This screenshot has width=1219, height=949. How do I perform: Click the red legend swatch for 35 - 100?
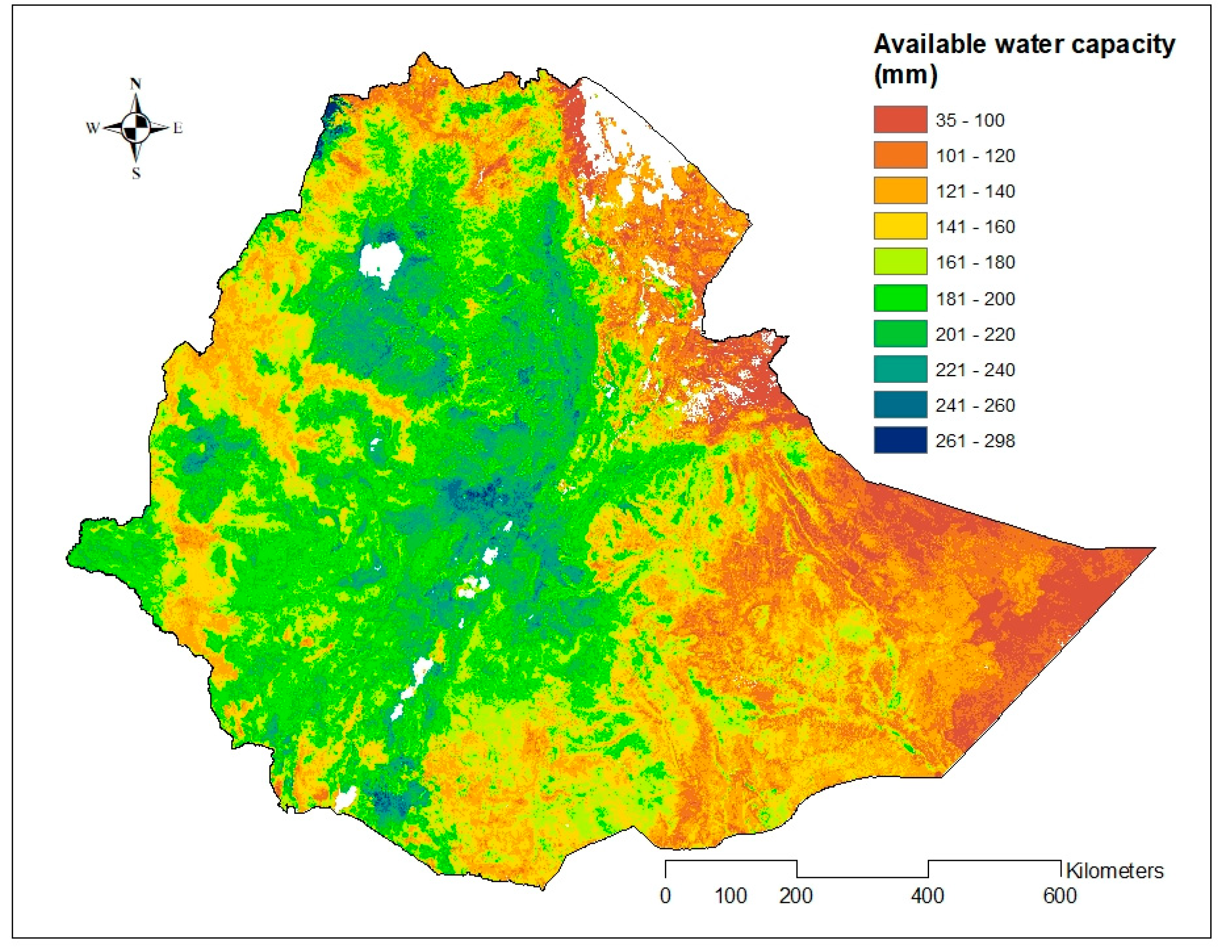point(900,119)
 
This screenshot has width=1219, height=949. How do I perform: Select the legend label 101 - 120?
point(975,156)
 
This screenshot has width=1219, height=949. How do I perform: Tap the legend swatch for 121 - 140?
point(900,191)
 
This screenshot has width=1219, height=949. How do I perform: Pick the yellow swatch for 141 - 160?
point(900,227)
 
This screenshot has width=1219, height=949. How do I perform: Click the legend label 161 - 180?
point(975,262)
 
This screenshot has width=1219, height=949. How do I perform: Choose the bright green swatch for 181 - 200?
point(900,298)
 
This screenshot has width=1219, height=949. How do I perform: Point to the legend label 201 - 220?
point(975,334)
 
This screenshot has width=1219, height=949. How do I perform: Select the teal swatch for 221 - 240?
point(900,369)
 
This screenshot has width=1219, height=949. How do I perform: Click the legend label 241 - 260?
point(975,405)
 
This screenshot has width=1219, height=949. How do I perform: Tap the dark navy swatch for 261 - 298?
point(900,440)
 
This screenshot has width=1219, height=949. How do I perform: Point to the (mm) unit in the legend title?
point(905,75)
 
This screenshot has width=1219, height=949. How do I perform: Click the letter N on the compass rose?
point(136,84)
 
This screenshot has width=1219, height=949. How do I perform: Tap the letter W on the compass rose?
point(92,128)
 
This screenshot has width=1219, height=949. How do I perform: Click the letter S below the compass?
point(136,174)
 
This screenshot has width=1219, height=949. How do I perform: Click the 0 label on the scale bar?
point(665,896)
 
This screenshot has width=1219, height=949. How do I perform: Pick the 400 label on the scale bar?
point(928,896)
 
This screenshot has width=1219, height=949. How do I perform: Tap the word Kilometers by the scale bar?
point(1115,871)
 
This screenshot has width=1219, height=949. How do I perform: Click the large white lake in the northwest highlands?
point(381,260)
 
